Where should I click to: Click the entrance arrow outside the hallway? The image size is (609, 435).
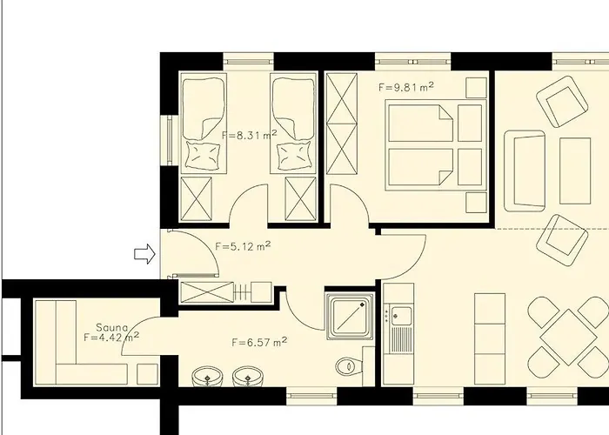click(x=144, y=253)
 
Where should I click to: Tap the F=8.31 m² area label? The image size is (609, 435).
click(x=249, y=135)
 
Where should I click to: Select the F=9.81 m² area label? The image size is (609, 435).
click(x=406, y=87)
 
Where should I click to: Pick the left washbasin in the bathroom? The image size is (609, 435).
click(x=205, y=378)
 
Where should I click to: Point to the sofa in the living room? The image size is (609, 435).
click(x=525, y=170)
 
